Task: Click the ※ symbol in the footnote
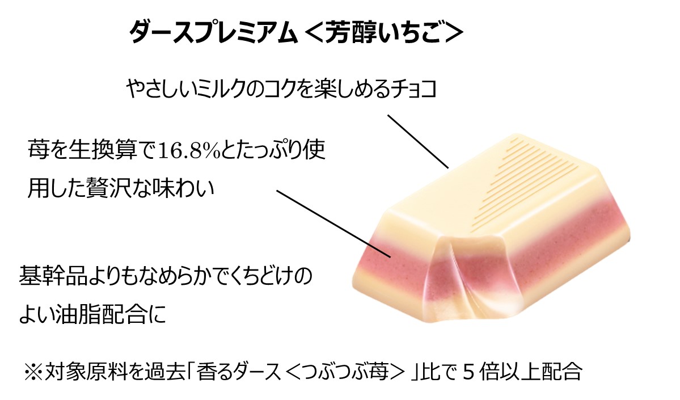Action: (x=33, y=372)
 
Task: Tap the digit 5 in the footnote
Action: (x=467, y=372)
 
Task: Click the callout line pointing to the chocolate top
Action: (x=418, y=141)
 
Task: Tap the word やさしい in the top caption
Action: (x=160, y=89)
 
